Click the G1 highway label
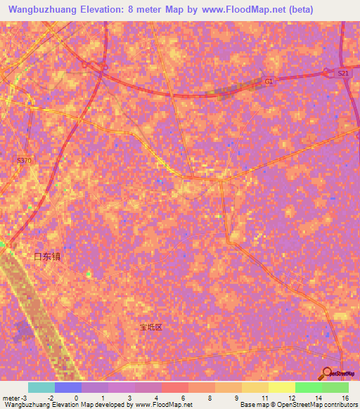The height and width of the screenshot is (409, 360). click(268, 82)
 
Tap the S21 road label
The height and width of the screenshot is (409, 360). click(342, 73)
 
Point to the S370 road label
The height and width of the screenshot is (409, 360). click(25, 161)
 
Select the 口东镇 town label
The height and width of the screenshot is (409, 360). click(48, 257)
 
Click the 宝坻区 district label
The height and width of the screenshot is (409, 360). click(150, 327)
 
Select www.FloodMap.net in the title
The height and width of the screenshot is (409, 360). click(236, 10)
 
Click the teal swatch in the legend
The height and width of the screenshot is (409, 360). click(41, 387)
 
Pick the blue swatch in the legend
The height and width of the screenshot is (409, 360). click(68, 387)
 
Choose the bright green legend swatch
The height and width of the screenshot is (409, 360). click(309, 387)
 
